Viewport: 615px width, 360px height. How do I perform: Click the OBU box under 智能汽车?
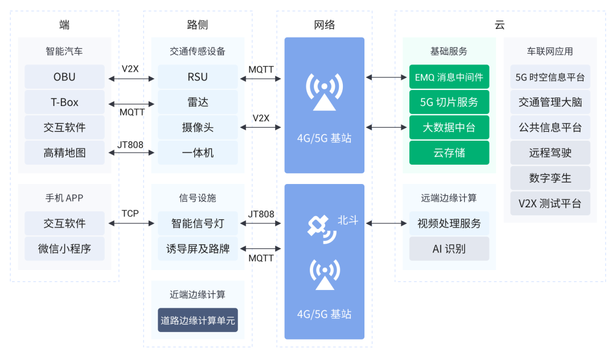64,77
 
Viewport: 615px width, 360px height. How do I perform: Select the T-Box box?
64,103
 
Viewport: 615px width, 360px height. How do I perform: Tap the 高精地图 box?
64,153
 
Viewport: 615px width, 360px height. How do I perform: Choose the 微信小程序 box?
64,249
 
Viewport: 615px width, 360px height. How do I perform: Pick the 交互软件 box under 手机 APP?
64,223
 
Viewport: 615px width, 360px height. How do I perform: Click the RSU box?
198,77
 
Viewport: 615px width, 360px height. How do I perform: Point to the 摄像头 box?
198,128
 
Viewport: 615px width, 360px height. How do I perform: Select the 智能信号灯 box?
198,223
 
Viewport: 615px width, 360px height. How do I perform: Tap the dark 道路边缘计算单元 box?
198,320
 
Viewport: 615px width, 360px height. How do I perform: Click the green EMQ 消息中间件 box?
449,77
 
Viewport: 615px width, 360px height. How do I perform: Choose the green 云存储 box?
449,153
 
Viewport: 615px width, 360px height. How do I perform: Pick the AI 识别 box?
449,249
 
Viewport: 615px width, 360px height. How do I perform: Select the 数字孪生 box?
550,178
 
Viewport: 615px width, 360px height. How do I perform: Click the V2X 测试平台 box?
550,203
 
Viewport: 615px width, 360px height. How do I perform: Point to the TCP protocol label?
130,214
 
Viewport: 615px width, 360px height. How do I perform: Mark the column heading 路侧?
197,24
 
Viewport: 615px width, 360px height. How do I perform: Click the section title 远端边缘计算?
449,198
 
